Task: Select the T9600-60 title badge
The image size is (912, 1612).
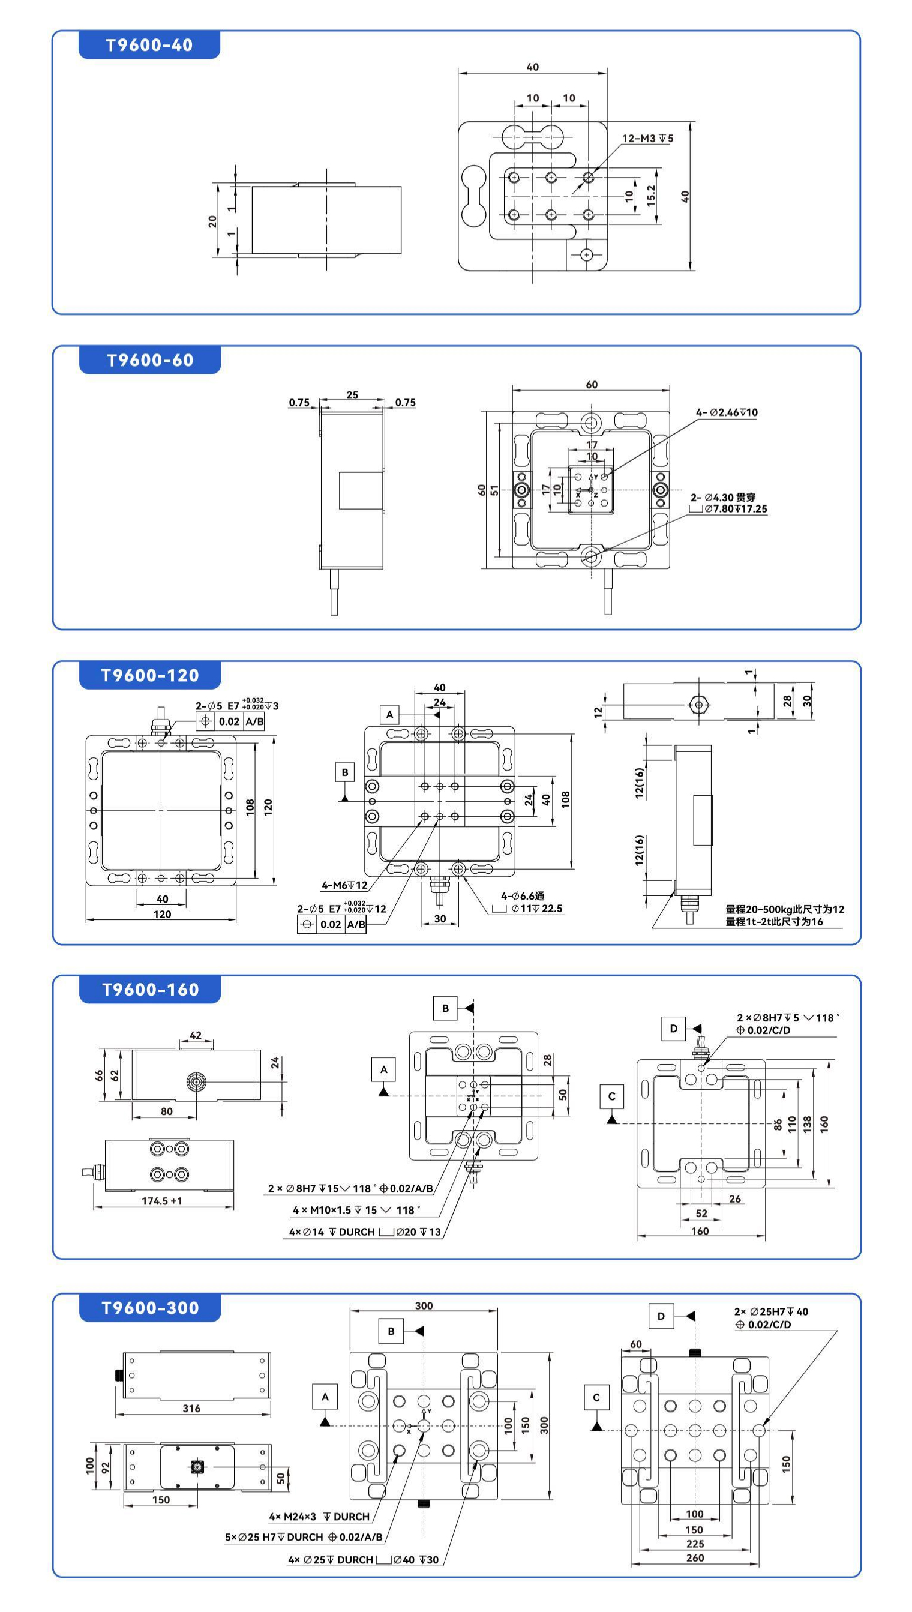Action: [x=150, y=360]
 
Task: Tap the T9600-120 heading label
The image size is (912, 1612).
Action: [x=150, y=675]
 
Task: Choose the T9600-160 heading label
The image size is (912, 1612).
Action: [x=150, y=990]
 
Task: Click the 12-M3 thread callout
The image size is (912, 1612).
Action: [x=647, y=139]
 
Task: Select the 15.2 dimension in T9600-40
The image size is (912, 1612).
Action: [x=652, y=196]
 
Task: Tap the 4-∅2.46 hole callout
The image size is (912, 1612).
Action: [x=727, y=412]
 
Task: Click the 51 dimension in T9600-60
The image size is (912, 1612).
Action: [x=495, y=490]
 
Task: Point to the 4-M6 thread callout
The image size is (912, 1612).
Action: [x=344, y=885]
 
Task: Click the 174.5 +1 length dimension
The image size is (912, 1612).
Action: [x=161, y=1201]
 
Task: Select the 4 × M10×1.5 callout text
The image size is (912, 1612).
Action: [x=356, y=1210]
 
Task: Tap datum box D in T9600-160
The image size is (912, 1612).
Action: [x=674, y=1029]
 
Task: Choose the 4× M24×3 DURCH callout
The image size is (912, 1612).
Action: [x=319, y=1516]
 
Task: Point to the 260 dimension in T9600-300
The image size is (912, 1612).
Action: [x=695, y=1557]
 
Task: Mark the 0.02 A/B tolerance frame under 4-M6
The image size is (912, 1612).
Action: [x=332, y=924]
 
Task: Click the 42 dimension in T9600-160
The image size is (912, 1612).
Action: [x=196, y=1036]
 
